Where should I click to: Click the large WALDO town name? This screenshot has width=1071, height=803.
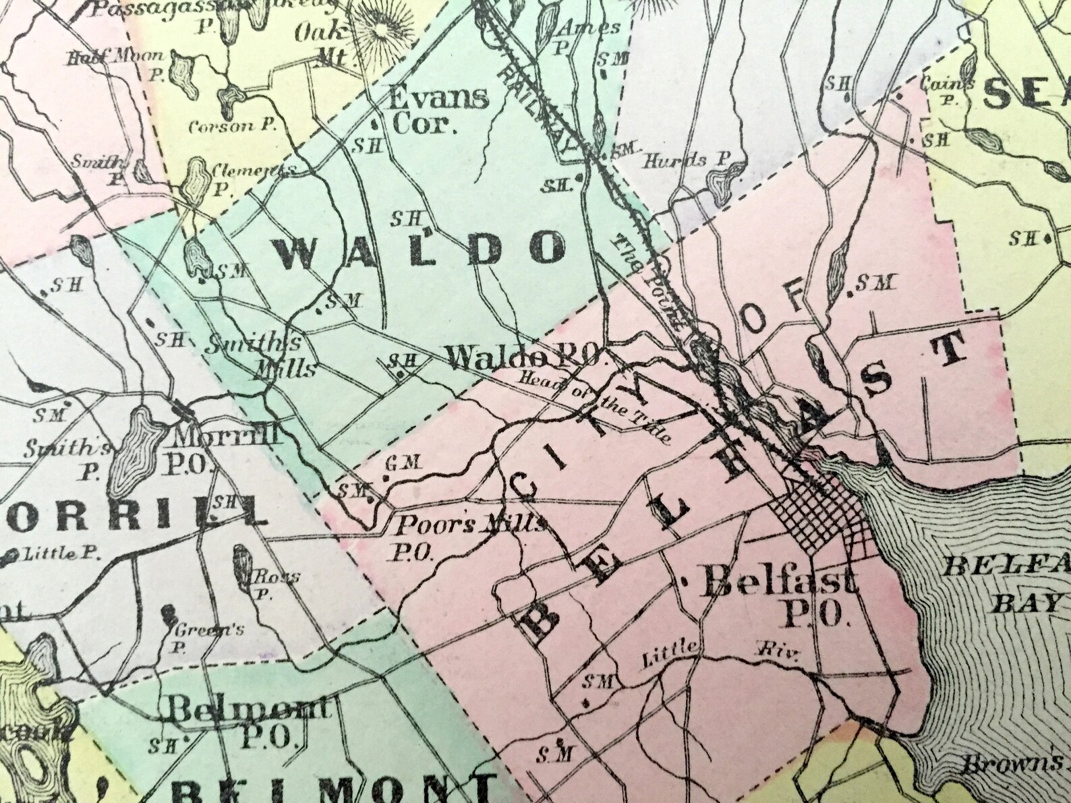(x=419, y=251)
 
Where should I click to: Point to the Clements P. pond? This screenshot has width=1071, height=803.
(x=196, y=177)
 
